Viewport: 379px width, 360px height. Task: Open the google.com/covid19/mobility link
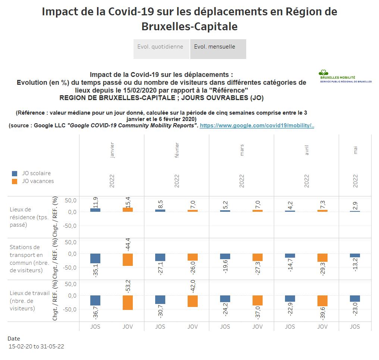[x=257, y=126]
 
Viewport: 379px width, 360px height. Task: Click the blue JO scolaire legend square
[x=15, y=174]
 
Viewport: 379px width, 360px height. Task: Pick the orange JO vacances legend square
[x=15, y=181]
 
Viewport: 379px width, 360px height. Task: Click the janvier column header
[x=112, y=151]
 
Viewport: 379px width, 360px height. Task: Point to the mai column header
[x=355, y=151]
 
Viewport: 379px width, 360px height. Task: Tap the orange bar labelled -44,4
[x=128, y=260]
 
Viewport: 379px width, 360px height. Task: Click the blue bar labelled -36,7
[x=95, y=301]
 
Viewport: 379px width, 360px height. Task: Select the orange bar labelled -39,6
[x=322, y=301]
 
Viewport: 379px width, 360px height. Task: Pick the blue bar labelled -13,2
[x=355, y=256]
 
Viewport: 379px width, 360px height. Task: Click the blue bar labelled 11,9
[x=95, y=210]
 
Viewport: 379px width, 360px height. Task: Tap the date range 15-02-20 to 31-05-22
[x=37, y=347]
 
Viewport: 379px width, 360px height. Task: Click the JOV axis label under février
[x=192, y=326]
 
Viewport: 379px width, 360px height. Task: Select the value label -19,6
[x=225, y=267]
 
